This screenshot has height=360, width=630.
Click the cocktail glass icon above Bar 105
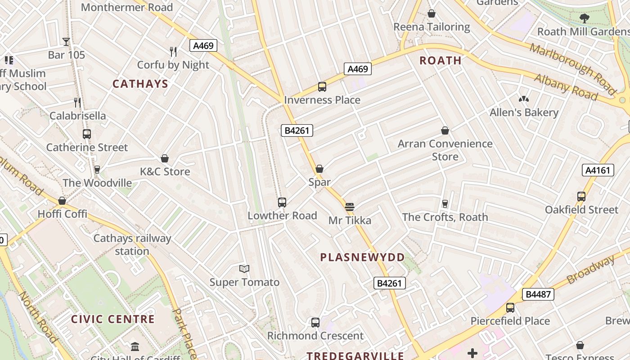(x=66, y=42)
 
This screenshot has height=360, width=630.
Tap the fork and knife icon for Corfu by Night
(x=173, y=52)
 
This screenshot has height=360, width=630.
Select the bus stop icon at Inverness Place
(x=322, y=87)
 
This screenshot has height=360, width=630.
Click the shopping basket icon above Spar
(x=319, y=169)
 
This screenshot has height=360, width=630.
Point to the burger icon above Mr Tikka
(x=350, y=207)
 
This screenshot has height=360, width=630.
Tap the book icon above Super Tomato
(x=244, y=269)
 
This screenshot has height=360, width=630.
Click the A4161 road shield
(x=598, y=170)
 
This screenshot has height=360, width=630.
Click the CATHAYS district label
(x=140, y=84)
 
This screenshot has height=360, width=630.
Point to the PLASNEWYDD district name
(x=362, y=257)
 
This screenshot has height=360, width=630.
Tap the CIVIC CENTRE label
(x=113, y=319)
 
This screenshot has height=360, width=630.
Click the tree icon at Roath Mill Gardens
(x=584, y=18)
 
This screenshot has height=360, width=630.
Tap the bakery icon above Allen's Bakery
(x=523, y=99)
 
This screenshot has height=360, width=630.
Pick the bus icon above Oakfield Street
(x=581, y=197)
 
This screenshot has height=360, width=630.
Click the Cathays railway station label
(x=132, y=245)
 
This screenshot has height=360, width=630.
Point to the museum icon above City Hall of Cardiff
(x=135, y=346)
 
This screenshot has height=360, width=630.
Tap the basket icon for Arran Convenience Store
(x=445, y=131)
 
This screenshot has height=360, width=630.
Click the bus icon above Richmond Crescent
(x=315, y=323)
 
